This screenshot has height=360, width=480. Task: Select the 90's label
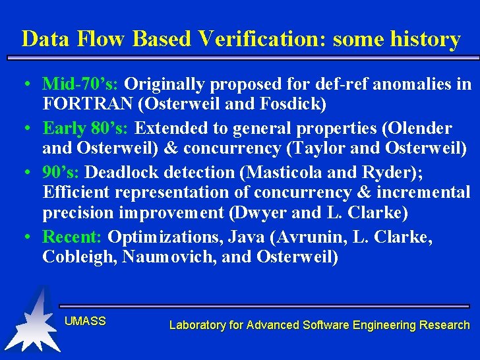tap(61, 172)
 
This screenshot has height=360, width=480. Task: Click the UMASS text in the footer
tap(85, 321)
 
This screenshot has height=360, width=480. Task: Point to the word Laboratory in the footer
tap(196, 324)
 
